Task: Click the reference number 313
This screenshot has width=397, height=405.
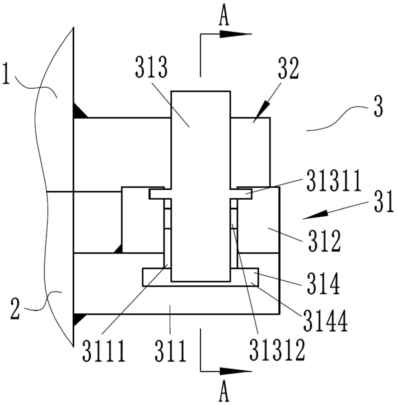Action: click(x=151, y=67)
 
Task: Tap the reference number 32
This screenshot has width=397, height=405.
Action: click(x=288, y=68)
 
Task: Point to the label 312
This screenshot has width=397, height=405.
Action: click(x=325, y=241)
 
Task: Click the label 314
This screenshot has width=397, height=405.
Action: click(x=323, y=284)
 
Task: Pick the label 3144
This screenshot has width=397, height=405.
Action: click(x=326, y=321)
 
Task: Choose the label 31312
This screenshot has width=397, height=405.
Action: click(x=277, y=350)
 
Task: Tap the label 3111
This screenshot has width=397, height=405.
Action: click(x=104, y=351)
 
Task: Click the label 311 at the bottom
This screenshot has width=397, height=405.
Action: click(x=171, y=351)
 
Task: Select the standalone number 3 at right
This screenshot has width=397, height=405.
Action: click(x=378, y=107)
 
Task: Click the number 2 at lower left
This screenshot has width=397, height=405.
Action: click(x=15, y=309)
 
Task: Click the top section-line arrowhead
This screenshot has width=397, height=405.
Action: click(x=236, y=34)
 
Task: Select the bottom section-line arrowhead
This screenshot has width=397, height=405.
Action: click(x=236, y=371)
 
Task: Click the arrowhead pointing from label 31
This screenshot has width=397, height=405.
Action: click(x=316, y=215)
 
